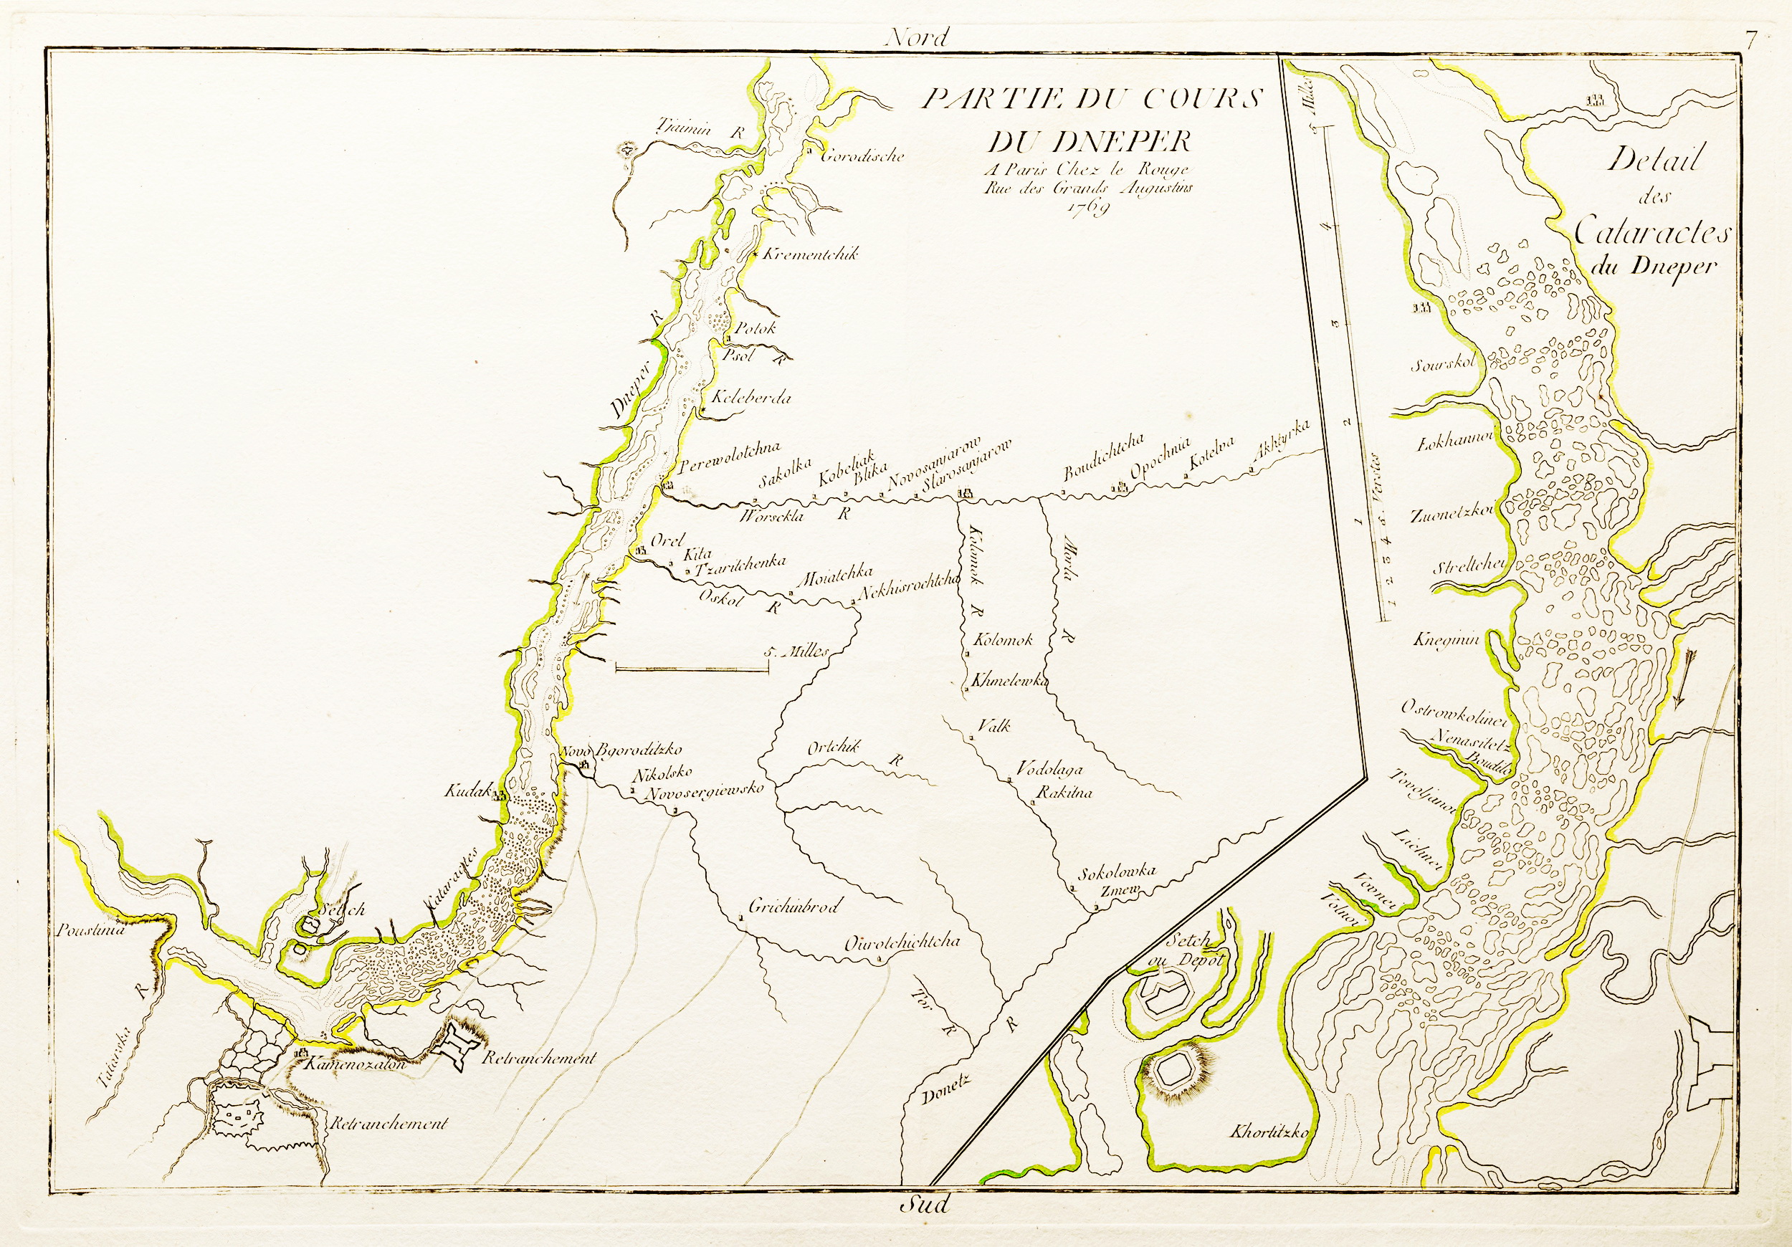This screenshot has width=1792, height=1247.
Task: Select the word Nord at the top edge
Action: point(917,37)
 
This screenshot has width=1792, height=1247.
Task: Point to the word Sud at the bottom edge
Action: point(925,1205)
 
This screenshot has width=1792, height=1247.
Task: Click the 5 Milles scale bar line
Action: point(692,668)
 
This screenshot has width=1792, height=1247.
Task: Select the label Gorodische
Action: point(862,156)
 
